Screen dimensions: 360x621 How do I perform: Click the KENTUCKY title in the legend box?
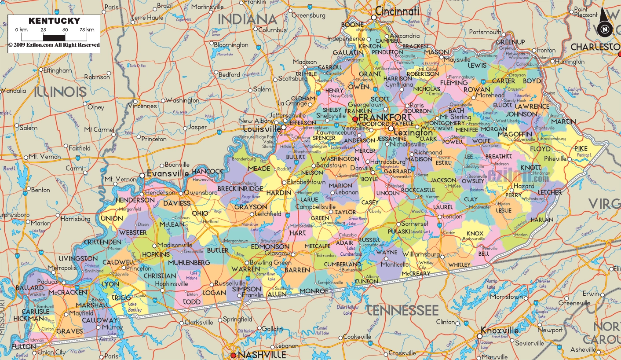pos(54,21)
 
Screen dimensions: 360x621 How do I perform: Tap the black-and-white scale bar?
pos(54,38)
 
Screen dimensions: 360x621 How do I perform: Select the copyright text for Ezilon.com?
pos(54,45)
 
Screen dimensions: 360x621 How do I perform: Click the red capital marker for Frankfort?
pos(355,119)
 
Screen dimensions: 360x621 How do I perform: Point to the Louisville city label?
pos(262,129)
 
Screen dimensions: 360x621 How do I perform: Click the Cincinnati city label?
pos(397,11)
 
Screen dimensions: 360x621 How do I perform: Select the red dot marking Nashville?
pos(234,355)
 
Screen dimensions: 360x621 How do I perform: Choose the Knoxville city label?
pos(500,331)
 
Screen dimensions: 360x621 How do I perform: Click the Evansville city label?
pos(168,173)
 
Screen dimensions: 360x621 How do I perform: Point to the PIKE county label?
pos(581,149)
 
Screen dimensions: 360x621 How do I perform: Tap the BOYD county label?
pos(532,81)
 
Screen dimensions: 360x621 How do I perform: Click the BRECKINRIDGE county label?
pos(241,189)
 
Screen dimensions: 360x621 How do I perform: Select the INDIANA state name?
pos(248,19)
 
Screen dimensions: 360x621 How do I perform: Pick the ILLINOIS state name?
pos(60,92)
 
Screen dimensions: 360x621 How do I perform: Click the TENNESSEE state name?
pos(402,310)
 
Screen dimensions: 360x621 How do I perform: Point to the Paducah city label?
pos(48,282)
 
